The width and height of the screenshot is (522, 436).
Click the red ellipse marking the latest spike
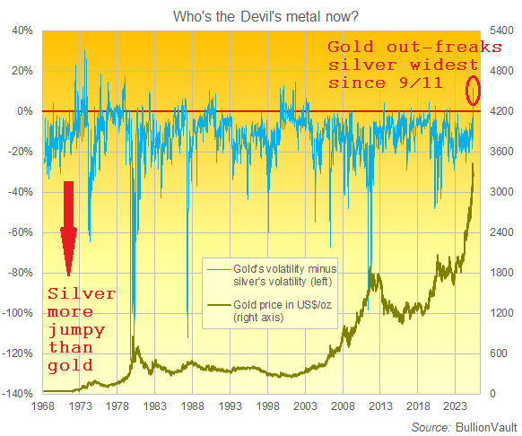coord(474,90)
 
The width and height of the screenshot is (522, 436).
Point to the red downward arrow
coord(68,228)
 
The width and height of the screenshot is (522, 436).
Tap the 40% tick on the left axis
coord(21,30)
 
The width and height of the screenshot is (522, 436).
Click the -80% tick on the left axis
coord(21,273)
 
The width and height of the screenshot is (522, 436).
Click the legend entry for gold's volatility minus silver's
coord(278,275)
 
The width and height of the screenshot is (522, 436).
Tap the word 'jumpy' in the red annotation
coord(75,330)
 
